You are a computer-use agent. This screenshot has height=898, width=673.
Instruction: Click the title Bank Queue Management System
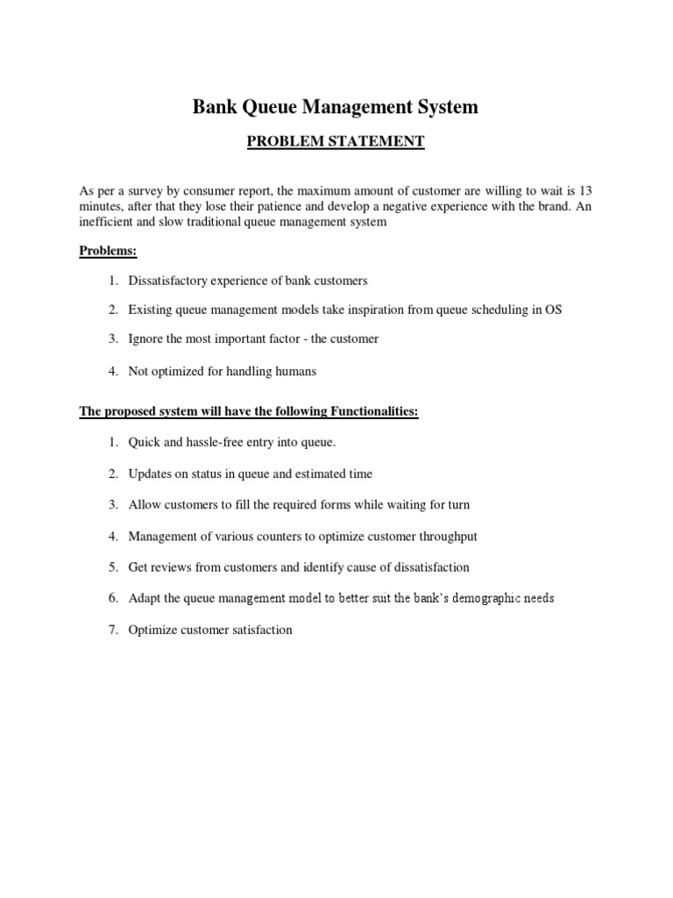336,107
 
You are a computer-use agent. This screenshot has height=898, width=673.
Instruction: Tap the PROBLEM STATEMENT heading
336,141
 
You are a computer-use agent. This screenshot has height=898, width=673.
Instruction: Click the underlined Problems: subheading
109,251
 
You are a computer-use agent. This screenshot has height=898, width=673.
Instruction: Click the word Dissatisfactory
167,282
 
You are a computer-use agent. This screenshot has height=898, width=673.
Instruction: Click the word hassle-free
219,443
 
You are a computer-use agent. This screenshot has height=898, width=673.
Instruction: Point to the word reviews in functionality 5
171,567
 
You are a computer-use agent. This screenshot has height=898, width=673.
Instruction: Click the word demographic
466,598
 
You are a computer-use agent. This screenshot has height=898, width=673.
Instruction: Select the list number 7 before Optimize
113,630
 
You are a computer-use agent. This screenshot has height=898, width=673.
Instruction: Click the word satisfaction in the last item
260,630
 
